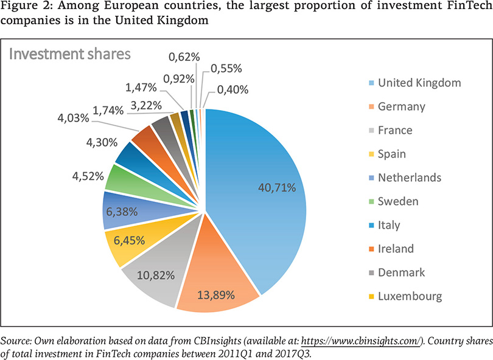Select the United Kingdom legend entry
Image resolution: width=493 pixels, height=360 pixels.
click(419, 83)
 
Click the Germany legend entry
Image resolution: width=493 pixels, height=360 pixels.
click(401, 106)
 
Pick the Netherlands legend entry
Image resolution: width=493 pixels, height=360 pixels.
click(409, 178)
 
